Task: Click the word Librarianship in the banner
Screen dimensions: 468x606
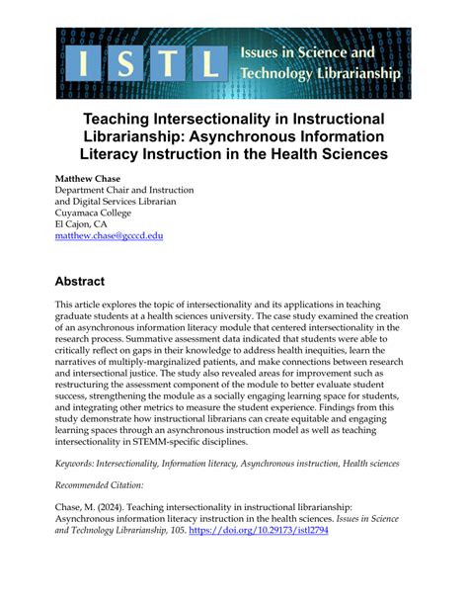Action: [351, 73]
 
